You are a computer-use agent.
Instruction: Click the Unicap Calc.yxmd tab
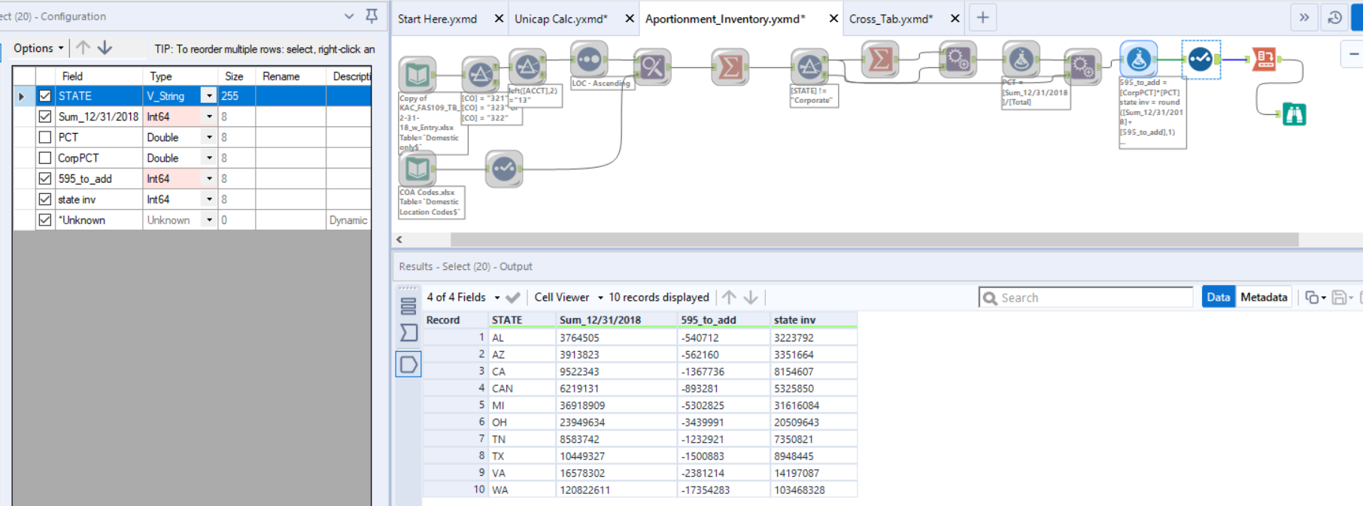(x=560, y=19)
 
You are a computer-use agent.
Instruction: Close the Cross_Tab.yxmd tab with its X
(x=955, y=19)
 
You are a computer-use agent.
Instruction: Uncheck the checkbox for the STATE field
(x=45, y=96)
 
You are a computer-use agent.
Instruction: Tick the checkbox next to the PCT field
(x=45, y=138)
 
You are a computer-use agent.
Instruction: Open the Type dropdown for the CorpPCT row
(x=209, y=158)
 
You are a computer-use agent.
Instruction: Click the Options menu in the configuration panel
(x=38, y=48)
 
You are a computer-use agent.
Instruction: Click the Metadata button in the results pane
(x=1263, y=297)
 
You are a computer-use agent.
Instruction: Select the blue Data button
(x=1218, y=297)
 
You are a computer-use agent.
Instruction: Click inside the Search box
(x=1091, y=298)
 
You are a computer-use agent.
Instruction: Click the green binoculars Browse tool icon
(x=1294, y=114)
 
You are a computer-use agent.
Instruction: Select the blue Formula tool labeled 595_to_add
(x=1138, y=59)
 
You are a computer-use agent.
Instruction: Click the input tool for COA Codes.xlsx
(x=417, y=169)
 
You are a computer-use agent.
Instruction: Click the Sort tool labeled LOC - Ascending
(x=589, y=59)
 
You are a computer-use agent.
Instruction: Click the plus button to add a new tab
(x=982, y=18)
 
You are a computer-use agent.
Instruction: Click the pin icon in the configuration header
(x=372, y=16)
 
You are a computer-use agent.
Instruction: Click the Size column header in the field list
(x=234, y=76)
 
